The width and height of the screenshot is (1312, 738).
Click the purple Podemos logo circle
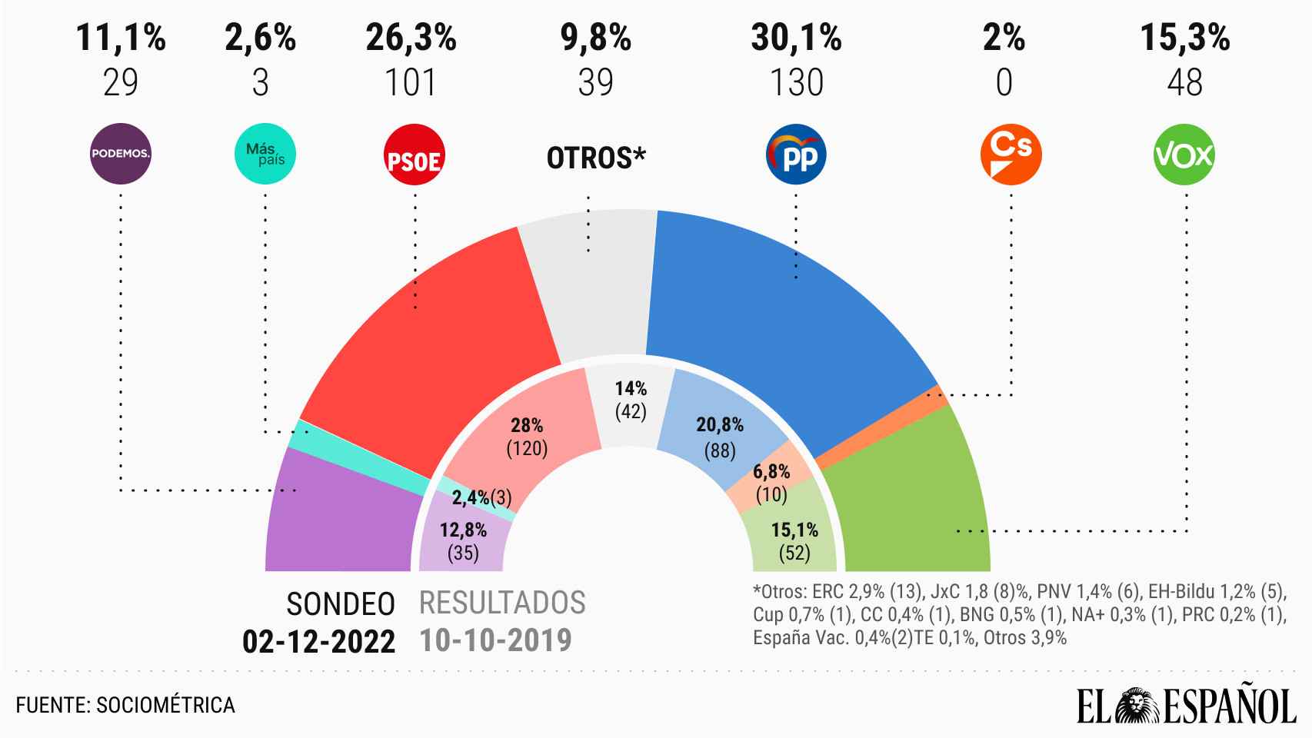pyautogui.click(x=121, y=154)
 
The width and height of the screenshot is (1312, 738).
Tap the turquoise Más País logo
pyautogui.click(x=265, y=155)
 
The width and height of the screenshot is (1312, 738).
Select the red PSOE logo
pyautogui.click(x=415, y=156)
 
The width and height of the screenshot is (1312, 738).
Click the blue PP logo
pyautogui.click(x=797, y=156)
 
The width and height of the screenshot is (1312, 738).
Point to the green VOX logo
pyautogui.click(x=1184, y=155)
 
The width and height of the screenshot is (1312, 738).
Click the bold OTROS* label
pyautogui.click(x=596, y=158)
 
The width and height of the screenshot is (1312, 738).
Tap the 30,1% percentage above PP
pyautogui.click(x=796, y=38)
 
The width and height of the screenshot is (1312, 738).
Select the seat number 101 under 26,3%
pyautogui.click(x=412, y=83)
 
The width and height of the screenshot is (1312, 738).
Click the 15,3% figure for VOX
pyautogui.click(x=1184, y=38)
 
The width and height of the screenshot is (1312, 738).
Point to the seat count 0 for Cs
pyautogui.click(x=1004, y=83)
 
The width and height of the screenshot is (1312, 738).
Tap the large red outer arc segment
pyautogui.click(x=431, y=323)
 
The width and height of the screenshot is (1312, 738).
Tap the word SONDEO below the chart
pyautogui.click(x=341, y=605)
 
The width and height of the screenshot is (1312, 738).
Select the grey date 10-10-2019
pyautogui.click(x=495, y=640)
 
